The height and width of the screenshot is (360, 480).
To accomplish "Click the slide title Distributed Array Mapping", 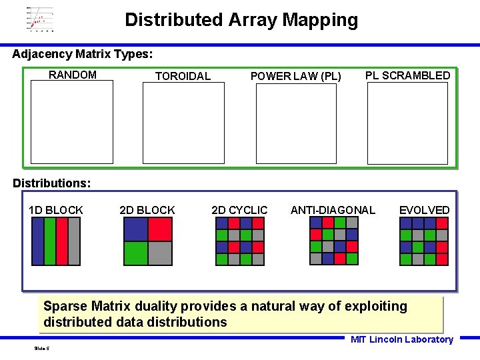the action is [x=241, y=20].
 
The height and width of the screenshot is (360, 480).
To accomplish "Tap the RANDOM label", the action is [x=73, y=75].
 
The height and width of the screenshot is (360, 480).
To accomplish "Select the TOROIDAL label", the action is [x=183, y=76].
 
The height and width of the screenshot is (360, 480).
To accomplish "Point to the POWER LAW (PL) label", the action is [x=295, y=76].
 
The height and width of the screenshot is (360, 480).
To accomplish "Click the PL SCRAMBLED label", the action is [x=407, y=75].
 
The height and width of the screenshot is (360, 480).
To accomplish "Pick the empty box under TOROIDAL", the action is [x=183, y=123].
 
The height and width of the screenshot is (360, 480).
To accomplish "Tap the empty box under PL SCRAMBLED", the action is [x=407, y=123].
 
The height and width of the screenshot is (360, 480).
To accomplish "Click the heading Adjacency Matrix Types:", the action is [x=83, y=53].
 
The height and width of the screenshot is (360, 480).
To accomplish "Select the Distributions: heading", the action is [x=52, y=182].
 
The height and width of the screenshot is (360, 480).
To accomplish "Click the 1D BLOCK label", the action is [x=56, y=210].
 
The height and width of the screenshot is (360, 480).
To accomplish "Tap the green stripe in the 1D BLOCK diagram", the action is [x=50, y=241].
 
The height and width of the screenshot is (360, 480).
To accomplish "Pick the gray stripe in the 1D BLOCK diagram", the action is [x=74, y=241].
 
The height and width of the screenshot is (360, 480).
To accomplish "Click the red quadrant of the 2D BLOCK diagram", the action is [x=160, y=229].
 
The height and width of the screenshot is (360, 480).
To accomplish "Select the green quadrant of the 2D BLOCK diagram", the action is [x=136, y=253].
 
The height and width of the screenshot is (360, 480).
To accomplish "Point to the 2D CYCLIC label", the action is [x=239, y=210].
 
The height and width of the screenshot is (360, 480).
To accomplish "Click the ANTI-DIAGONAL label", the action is [x=333, y=210].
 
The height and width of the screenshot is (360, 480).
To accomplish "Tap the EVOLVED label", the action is [x=424, y=210].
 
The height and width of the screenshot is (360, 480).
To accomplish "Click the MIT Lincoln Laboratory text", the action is [x=401, y=339].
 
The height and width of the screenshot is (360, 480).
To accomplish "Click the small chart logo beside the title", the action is [x=40, y=20].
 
